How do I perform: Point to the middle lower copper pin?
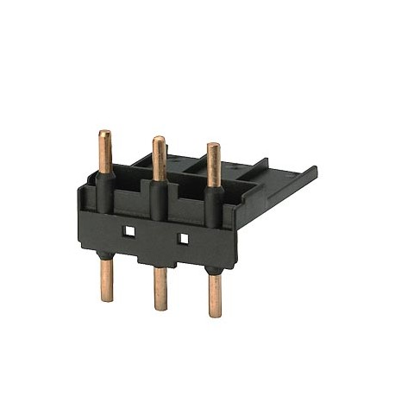(160, 288)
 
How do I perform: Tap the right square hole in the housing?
(182, 237)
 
